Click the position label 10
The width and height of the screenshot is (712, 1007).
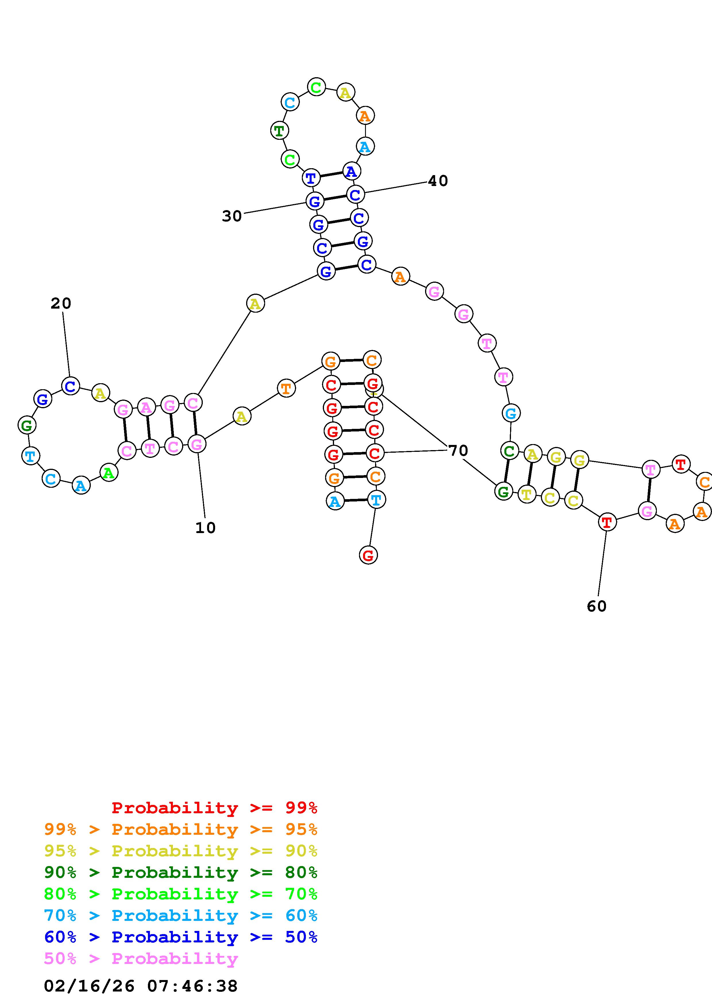tap(205, 528)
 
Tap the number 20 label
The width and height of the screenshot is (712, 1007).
tap(61, 303)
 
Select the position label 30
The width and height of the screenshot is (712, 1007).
tap(231, 216)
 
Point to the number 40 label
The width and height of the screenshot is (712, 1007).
tap(437, 181)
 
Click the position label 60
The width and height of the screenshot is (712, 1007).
tap(596, 606)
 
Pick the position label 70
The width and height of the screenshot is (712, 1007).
tap(458, 450)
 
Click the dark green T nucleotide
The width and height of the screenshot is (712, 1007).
tap(279, 131)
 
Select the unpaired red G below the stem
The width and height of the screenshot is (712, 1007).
tap(368, 555)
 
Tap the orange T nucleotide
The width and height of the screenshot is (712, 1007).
tap(286, 388)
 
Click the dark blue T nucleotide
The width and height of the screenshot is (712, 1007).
tap(310, 178)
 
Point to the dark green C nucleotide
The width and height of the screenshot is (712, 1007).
tap(509, 451)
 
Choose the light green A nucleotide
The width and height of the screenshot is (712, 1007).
tap(109, 473)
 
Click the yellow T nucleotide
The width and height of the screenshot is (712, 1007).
tap(526, 495)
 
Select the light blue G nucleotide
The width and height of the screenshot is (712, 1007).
tap(511, 413)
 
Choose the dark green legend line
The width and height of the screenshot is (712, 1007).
tap(181, 872)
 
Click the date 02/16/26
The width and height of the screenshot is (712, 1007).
tap(89, 986)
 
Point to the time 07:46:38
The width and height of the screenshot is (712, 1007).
tap(192, 986)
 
